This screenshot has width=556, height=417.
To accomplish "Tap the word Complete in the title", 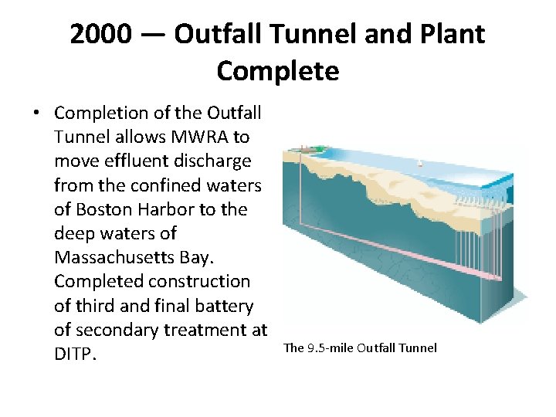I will click(277, 71).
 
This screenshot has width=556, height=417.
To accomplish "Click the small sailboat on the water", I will click(420, 164).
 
